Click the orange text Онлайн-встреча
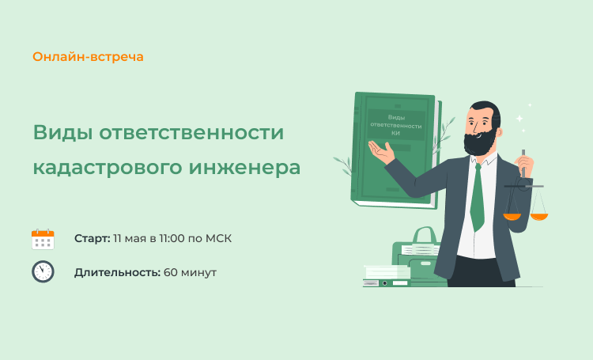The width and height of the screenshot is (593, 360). pos(88,57)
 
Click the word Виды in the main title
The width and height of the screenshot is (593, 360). pos(63,133)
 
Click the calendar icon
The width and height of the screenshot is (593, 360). pos(43,239)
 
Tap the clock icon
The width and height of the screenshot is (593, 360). pos(43,271)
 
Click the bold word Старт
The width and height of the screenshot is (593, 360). pos(93,238)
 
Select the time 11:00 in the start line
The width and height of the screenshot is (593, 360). pos(172,238)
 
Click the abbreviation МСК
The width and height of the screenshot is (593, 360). pos(218,238)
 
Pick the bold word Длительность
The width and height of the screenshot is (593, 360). pos(117,272)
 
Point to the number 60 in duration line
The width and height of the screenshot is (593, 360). pos(170,272)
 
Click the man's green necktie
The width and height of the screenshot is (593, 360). pos(478,197)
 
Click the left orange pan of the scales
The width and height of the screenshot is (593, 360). pos(512,217)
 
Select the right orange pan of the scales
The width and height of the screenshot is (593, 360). pos(539,217)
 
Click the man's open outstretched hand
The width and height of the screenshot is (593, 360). pos(381,151)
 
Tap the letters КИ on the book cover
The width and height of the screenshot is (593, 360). pos(395,133)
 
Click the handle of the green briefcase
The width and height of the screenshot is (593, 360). pos(425,236)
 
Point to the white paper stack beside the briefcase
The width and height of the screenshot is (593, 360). pos(387,272)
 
